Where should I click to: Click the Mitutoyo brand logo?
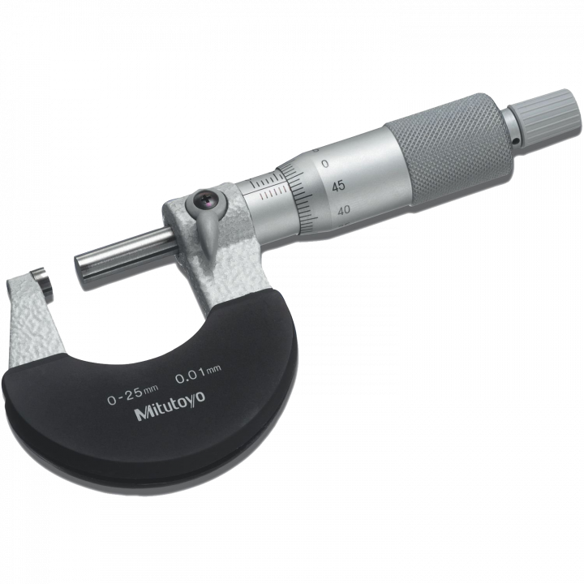coord(170,406)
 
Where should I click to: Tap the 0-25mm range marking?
coord(132,394)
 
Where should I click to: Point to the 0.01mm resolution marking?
coord(198,375)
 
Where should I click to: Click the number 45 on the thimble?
coord(338,186)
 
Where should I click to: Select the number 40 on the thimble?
coord(344,210)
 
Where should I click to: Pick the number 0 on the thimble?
coord(325,164)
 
